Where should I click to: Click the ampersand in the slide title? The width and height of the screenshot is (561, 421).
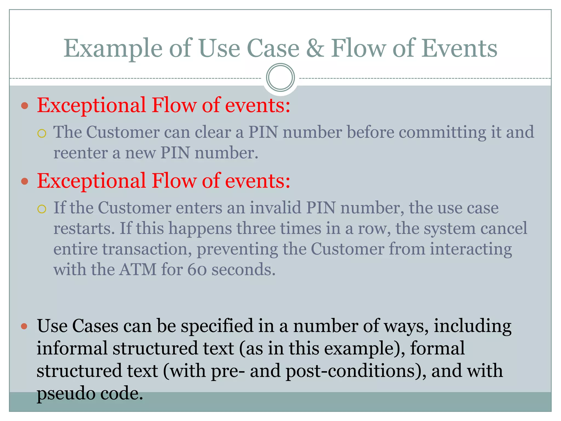point(315,49)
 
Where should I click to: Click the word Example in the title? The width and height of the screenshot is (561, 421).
point(113,49)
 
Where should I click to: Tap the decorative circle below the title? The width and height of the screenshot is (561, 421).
point(280,78)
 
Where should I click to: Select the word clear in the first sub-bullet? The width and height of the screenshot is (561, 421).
point(213,132)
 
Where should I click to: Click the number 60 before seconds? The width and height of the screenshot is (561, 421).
point(197,270)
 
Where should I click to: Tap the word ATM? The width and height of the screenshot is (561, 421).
point(138,270)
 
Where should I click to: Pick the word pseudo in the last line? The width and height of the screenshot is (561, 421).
point(66,394)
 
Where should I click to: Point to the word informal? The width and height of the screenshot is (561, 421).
point(72,349)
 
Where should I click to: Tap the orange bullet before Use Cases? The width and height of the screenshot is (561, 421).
point(24,326)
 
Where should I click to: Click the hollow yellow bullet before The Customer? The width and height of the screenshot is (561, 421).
point(42,134)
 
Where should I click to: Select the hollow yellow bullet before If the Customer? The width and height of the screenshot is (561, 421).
point(42,209)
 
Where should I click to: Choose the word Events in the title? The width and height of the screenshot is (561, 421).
point(459,49)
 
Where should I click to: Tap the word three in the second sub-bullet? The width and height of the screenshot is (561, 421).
point(256,229)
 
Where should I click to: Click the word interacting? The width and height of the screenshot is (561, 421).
point(471,249)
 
